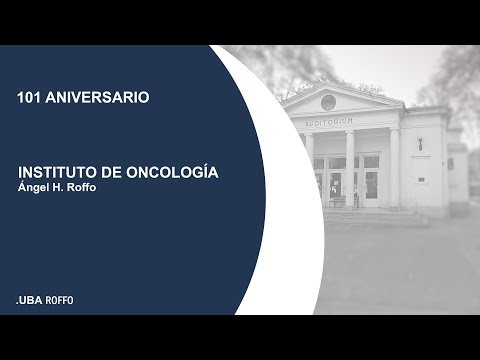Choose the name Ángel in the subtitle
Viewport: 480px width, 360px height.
(35, 188)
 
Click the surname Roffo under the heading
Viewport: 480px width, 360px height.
(88, 188)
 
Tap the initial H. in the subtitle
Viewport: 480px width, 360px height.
(62, 188)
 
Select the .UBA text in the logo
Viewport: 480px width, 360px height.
(29, 300)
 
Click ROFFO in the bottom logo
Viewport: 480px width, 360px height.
(60, 300)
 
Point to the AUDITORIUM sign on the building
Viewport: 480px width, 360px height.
(328, 122)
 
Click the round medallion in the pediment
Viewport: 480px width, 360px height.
(328, 102)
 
